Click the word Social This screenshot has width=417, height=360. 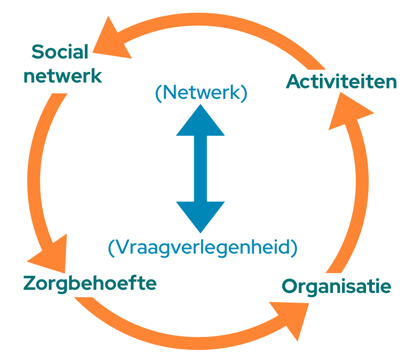(60, 53)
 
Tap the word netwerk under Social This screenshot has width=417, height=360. (63, 76)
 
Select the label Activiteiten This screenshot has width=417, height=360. (341, 82)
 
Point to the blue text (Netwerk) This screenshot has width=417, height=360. (201, 93)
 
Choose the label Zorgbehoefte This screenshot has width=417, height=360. (90, 283)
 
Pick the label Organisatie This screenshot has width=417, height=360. (336, 286)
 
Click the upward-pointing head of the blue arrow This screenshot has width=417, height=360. (200, 122)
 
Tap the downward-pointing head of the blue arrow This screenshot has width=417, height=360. (200, 215)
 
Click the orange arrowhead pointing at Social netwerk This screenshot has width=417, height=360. (114, 40)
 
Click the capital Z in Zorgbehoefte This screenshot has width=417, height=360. (30, 283)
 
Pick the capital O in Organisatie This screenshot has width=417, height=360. (290, 286)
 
